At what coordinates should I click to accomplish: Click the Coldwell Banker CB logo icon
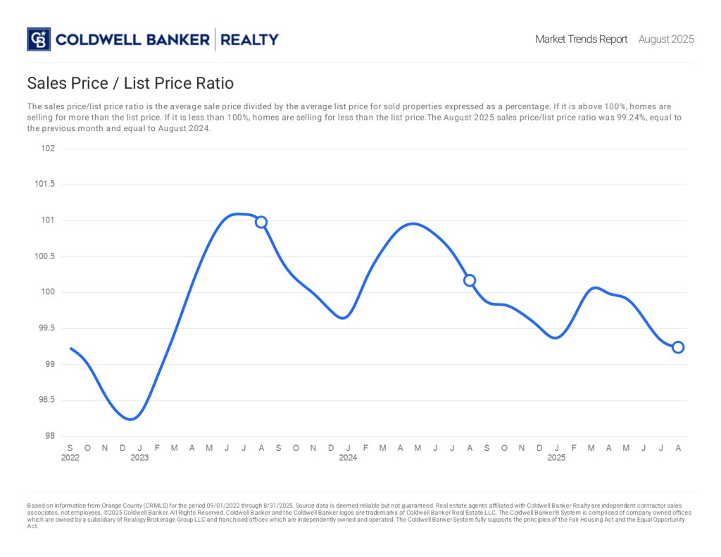click(39, 39)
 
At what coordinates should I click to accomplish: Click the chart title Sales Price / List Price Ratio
click(130, 83)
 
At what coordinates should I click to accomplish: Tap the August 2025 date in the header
click(666, 39)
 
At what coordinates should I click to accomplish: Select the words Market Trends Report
click(581, 39)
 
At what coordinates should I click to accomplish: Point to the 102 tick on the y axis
click(48, 149)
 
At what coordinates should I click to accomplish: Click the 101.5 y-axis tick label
click(45, 184)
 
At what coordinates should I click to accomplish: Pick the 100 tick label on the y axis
click(48, 292)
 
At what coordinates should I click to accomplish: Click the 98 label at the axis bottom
click(49, 436)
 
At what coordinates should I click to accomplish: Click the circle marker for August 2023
click(261, 222)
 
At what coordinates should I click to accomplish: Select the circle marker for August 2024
click(470, 280)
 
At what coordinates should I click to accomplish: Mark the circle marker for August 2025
click(678, 347)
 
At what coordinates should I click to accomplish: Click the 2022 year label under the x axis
click(70, 458)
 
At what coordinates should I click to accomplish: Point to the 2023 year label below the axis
click(139, 458)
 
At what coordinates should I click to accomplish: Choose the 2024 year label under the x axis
click(348, 458)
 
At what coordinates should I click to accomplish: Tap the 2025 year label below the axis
click(556, 458)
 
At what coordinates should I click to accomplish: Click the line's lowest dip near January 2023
click(131, 419)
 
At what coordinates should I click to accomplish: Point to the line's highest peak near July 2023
click(238, 213)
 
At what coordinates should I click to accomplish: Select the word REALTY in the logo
click(249, 39)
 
